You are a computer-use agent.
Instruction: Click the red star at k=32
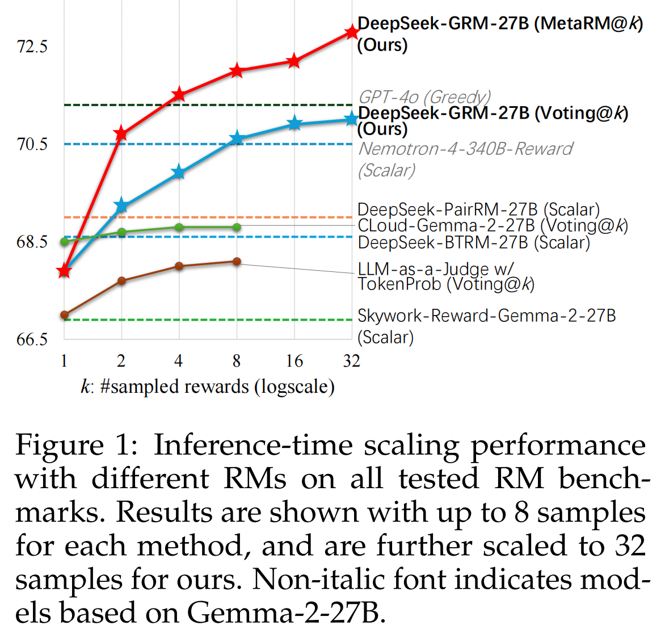[x=352, y=32]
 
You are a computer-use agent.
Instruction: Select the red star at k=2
[x=121, y=133]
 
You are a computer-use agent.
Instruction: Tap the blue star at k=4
[x=179, y=172]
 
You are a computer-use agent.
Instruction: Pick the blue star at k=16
[x=294, y=123]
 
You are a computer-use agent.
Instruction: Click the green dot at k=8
[x=237, y=227]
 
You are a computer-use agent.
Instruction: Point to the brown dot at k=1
[x=64, y=315]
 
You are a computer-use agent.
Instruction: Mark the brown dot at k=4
[x=179, y=266]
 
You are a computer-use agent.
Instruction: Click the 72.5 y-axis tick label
[x=32, y=47]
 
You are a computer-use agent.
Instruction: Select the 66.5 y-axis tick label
[x=32, y=339]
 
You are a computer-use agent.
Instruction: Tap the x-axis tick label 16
[x=294, y=361]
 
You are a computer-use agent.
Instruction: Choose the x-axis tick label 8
[x=237, y=361]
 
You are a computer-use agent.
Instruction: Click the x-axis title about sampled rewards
[x=208, y=387]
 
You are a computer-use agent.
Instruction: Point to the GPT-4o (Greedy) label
[x=424, y=96]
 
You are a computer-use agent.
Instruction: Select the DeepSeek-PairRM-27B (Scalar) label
[x=478, y=209]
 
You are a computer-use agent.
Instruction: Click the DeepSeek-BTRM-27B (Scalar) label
[x=474, y=243]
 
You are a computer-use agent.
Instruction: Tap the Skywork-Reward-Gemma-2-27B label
[x=486, y=316]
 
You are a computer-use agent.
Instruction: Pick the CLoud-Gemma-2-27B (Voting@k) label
[x=493, y=226]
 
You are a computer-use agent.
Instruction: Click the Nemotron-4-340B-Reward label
[x=466, y=149]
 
